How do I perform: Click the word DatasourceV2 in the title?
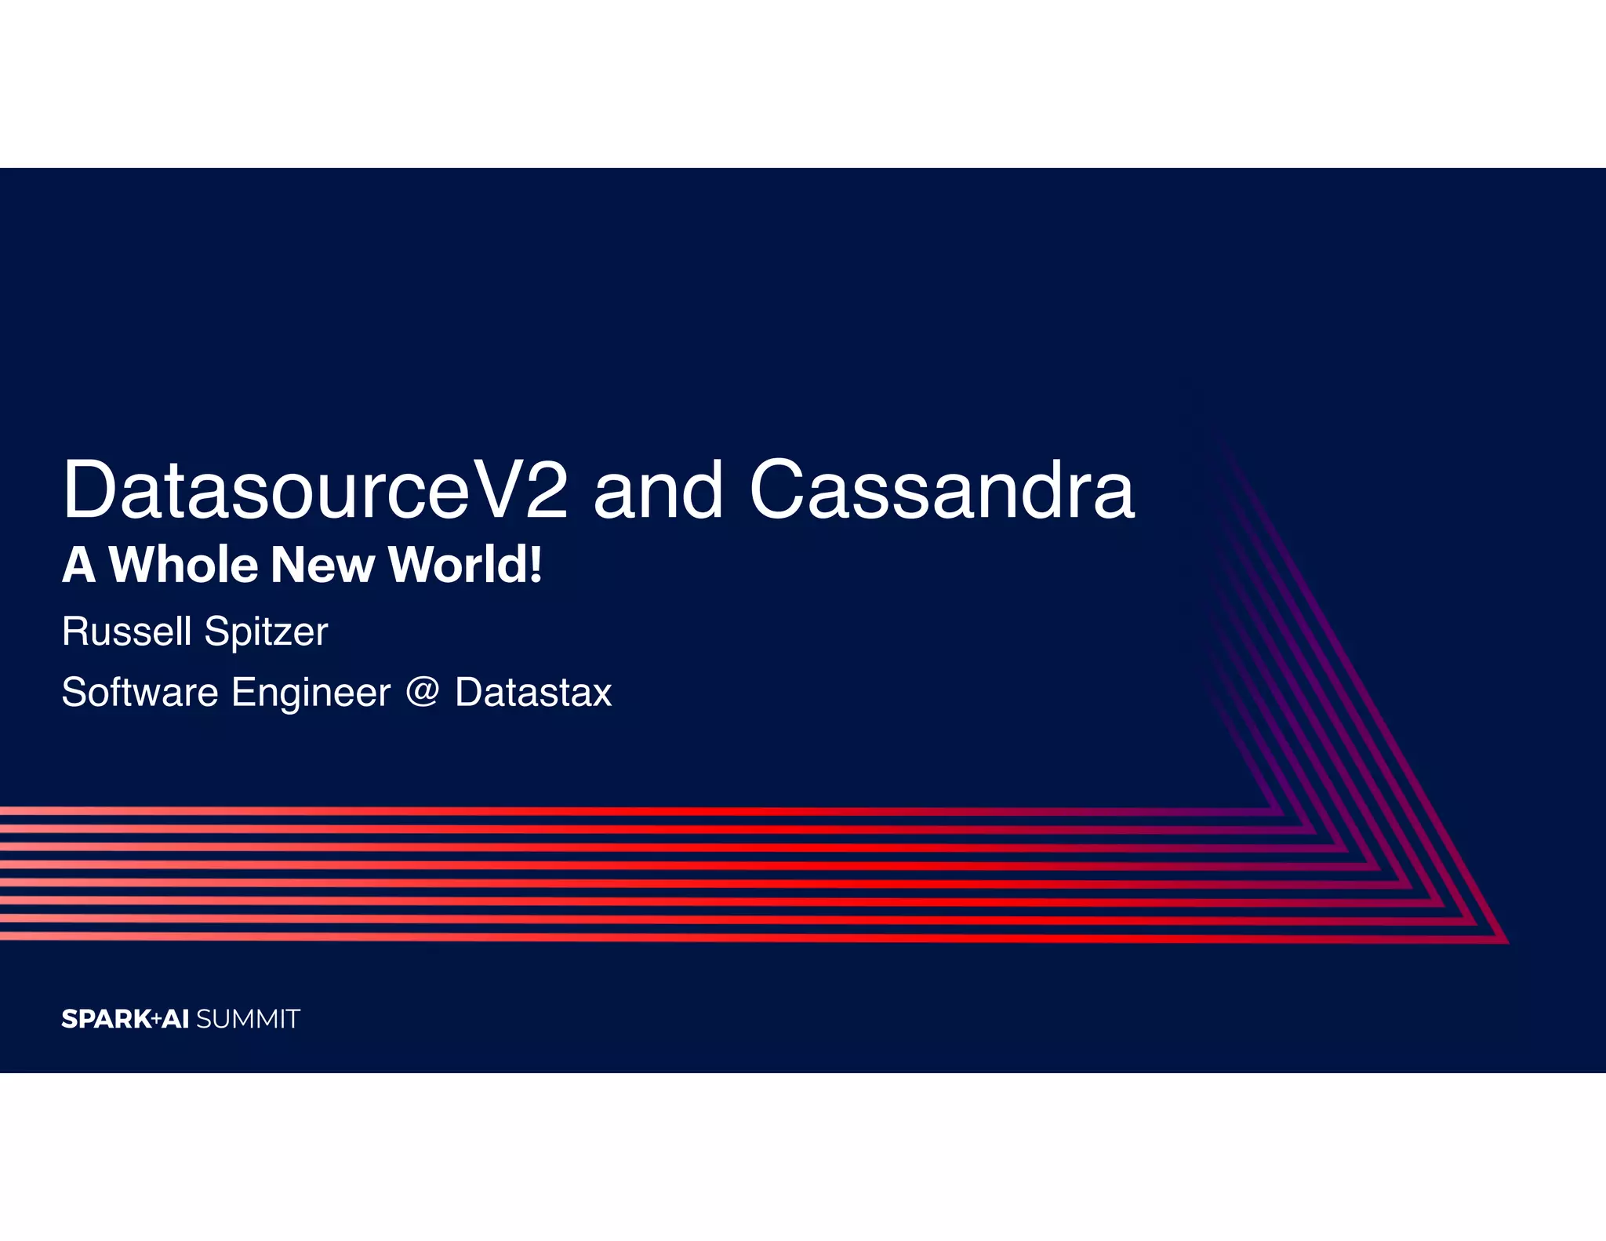pos(314,490)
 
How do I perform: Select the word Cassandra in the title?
pos(941,490)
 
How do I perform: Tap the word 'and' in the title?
pos(657,490)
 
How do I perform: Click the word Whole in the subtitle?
pos(183,565)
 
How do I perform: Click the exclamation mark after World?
pos(536,565)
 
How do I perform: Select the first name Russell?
pos(126,631)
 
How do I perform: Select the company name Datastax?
pos(533,693)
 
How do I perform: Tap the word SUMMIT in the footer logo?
pos(248,1019)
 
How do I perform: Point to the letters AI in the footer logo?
pos(176,1019)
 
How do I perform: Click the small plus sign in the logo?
pos(156,1018)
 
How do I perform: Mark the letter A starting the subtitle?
pos(78,565)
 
